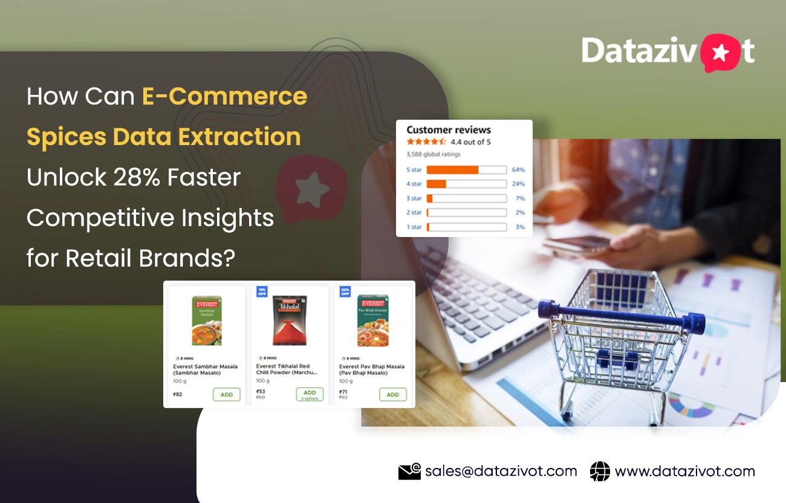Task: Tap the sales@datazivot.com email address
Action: click(x=501, y=471)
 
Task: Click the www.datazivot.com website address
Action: click(x=684, y=471)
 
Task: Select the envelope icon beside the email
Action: click(x=409, y=472)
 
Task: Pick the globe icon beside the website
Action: click(x=600, y=472)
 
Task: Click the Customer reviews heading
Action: click(x=449, y=130)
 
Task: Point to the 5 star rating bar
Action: click(x=466, y=170)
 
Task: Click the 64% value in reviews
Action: click(x=518, y=170)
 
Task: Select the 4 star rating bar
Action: click(x=466, y=184)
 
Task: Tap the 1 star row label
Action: click(x=414, y=227)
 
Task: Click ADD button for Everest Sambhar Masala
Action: click(x=226, y=395)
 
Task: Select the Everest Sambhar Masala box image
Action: click(x=207, y=320)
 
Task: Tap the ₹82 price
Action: click(x=178, y=395)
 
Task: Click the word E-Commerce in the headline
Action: click(x=225, y=97)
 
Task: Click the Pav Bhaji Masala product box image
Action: click(x=373, y=320)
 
